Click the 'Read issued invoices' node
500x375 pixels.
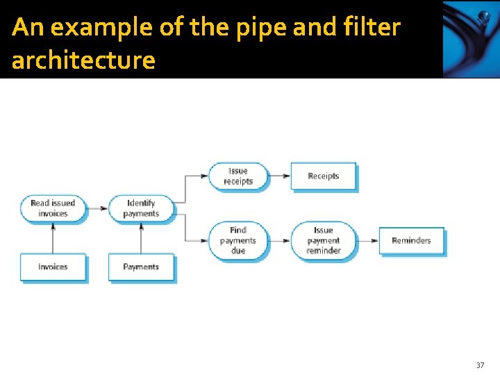point(53,208)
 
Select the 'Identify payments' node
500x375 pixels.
point(141,208)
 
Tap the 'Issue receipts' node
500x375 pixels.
point(237,176)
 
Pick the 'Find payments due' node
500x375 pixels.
point(237,240)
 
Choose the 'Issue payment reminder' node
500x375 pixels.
point(323,240)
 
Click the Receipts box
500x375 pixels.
point(323,176)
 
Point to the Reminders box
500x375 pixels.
point(411,241)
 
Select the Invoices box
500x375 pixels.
point(53,267)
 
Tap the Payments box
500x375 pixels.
point(141,267)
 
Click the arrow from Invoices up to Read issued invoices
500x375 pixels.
point(53,238)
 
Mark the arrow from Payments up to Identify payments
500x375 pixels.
point(141,238)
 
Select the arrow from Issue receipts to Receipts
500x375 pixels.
point(278,176)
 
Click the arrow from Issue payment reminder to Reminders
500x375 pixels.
point(367,241)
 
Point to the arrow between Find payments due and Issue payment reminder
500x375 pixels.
point(278,241)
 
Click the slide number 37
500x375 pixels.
point(480,365)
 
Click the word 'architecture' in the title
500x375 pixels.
point(83,60)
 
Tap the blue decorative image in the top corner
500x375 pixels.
point(470,39)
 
